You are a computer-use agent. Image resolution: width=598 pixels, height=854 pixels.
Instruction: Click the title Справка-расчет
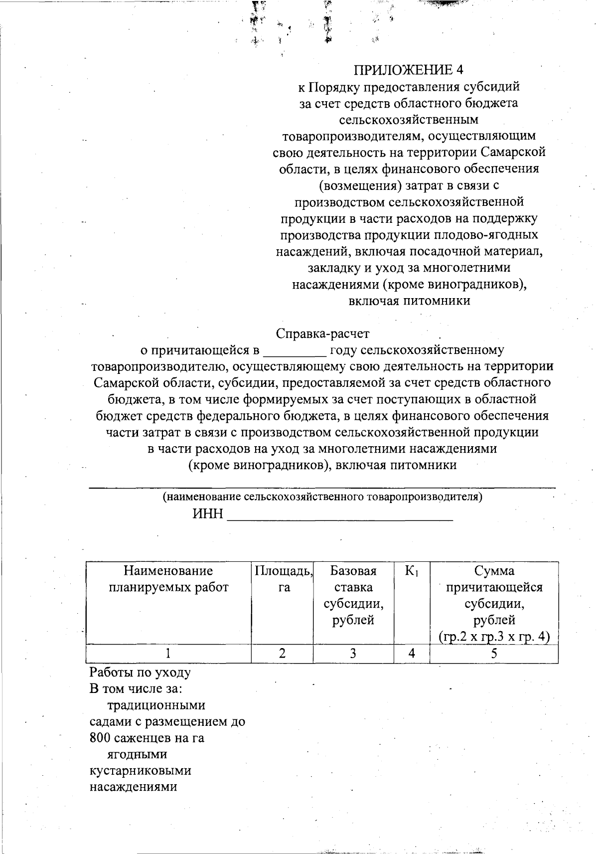point(322,333)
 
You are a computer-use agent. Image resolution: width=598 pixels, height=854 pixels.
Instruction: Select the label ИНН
point(208,514)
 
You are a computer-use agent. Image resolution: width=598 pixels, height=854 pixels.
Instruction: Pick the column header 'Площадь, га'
point(283,579)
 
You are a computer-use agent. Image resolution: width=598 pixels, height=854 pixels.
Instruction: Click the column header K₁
point(412,571)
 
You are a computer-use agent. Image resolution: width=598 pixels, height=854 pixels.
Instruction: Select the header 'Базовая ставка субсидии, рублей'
point(353,595)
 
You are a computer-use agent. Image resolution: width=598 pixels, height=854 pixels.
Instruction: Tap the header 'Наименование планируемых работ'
point(168,579)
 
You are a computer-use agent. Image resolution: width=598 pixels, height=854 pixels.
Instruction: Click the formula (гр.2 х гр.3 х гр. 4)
point(493,637)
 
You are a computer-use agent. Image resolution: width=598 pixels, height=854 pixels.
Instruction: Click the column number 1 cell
point(168,653)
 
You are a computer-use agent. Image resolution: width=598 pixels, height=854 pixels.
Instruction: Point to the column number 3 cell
point(353,653)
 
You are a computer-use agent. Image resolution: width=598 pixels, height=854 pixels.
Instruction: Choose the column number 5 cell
point(493,653)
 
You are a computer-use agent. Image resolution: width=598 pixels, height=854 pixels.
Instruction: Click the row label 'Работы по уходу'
point(140,673)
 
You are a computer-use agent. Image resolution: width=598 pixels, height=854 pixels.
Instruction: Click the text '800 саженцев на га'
point(147,738)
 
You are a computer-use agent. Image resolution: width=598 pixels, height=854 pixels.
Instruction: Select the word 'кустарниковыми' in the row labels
point(140,770)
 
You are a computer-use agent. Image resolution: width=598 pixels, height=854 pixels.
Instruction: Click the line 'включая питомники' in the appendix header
point(409,301)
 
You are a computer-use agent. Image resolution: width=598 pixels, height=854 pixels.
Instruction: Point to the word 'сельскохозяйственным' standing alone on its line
point(409,120)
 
